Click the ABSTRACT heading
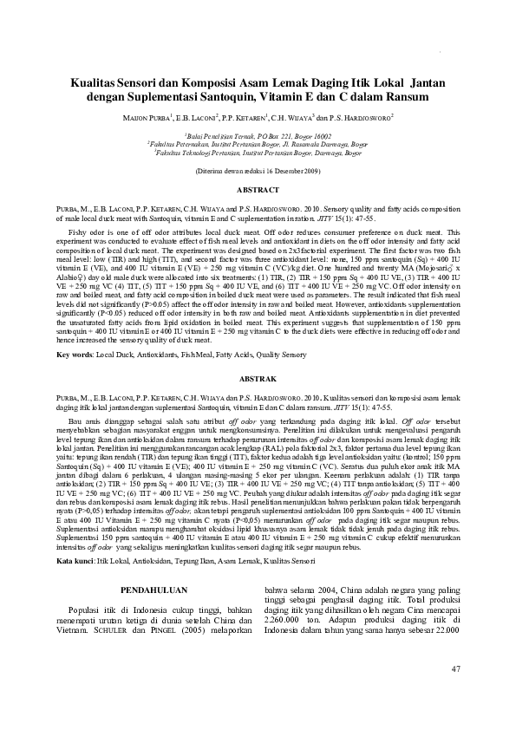[x=258, y=188]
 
